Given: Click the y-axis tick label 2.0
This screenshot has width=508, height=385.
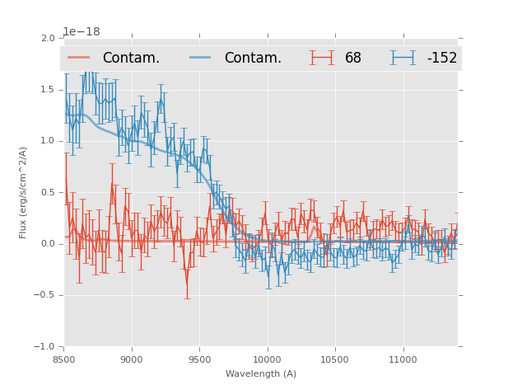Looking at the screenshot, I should tap(48, 38).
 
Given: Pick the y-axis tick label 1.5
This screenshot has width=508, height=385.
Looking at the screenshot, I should tap(48, 89).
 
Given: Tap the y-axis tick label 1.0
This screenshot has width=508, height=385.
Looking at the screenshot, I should tap(48, 141).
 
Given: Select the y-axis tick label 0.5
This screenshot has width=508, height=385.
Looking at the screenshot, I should tap(48, 192).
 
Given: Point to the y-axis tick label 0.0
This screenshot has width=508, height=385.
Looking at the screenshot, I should tap(48, 244).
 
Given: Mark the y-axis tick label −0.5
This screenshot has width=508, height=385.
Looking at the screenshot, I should tap(45, 295).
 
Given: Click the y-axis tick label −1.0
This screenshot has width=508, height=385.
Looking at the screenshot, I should tap(45, 347).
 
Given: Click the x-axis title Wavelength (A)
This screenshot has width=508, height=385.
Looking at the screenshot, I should tap(261, 374).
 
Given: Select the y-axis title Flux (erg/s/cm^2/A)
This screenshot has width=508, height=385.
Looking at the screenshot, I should tap(23, 192).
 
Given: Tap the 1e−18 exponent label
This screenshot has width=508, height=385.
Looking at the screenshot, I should tap(82, 32).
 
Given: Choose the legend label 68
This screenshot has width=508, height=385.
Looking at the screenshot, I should tap(353, 59).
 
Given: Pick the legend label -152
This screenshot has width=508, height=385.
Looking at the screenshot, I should tap(442, 59).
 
